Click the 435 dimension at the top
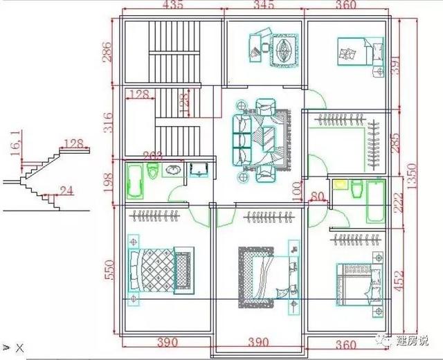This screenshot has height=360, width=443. pos(172,6)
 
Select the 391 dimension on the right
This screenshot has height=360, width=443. pos(395,65)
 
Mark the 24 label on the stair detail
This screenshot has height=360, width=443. pos(66,190)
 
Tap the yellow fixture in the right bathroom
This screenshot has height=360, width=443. pos(340,185)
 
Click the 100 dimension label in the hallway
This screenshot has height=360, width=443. pos(297,188)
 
